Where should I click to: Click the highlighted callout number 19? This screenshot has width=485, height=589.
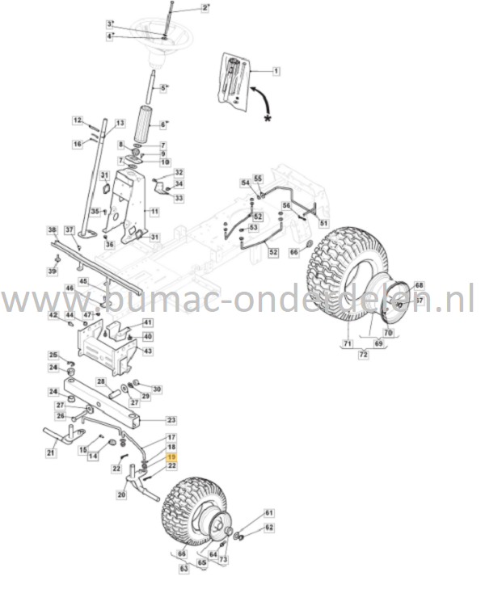(171, 456)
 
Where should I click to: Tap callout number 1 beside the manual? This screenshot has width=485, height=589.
(276, 71)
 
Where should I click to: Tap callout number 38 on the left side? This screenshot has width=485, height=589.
(52, 229)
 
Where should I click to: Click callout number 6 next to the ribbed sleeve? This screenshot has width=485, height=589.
(162, 124)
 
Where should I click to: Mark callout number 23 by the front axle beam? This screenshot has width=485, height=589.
(171, 420)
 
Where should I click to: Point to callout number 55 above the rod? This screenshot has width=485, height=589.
(258, 178)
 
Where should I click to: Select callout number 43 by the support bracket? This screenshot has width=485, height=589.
(147, 351)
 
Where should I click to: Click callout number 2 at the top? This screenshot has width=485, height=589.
(205, 7)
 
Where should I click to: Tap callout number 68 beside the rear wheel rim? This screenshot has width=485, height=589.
(419, 285)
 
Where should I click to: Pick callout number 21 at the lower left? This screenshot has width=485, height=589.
(51, 454)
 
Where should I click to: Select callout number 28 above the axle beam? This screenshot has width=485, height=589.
(100, 381)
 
